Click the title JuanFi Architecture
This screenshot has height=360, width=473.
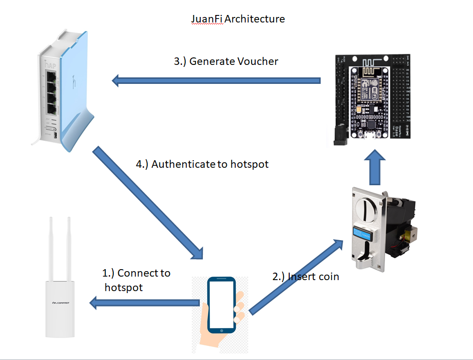tap(238, 19)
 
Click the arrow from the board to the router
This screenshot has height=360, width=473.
tap(215, 80)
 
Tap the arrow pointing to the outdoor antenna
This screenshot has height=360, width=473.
tap(144, 302)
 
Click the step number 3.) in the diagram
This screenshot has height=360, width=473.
tap(179, 61)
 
